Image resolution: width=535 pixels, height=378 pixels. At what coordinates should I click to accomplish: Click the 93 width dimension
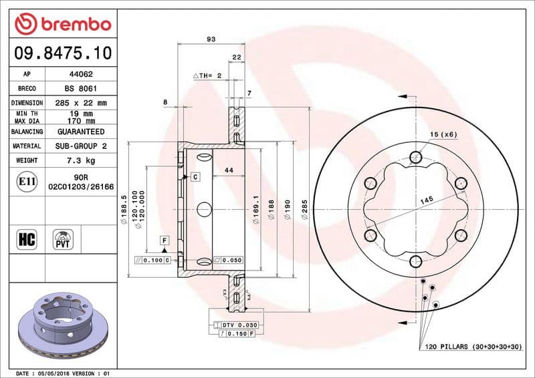(x=211, y=39)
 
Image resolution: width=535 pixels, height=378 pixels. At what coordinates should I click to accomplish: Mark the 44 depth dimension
(x=229, y=171)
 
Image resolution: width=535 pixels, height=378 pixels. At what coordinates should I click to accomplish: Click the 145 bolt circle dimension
(x=426, y=199)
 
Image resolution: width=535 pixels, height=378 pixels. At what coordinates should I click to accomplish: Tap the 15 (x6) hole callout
(x=443, y=135)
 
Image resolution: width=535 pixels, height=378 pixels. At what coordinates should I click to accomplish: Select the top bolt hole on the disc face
(x=415, y=158)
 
